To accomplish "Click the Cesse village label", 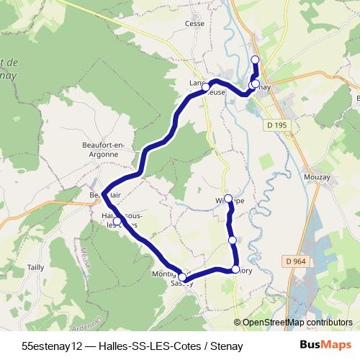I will tap(195, 23).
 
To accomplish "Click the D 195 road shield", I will tap(276, 126).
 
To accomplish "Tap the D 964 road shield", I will tap(296, 261).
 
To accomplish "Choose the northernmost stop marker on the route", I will tap(254, 60).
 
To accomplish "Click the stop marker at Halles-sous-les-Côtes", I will tap(117, 221).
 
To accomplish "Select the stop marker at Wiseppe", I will tap(229, 199).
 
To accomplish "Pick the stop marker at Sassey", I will tap(182, 278).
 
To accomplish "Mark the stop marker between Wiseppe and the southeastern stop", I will tap(232, 240).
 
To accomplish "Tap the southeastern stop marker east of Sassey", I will tap(235, 269).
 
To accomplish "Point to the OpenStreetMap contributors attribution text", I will tap(295, 322).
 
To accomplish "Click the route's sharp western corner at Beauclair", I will tap(104, 194).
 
